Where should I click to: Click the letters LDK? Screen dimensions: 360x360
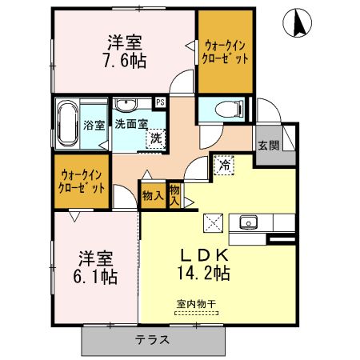(204, 254)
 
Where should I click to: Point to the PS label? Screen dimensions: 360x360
(160, 102)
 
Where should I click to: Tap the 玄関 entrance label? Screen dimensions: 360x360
(268, 146)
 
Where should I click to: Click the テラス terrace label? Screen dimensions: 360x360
(152, 339)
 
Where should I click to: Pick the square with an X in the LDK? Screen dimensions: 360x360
(214, 222)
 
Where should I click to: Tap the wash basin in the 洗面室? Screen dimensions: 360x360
(126, 104)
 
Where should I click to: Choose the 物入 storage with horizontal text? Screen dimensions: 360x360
(152, 194)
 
